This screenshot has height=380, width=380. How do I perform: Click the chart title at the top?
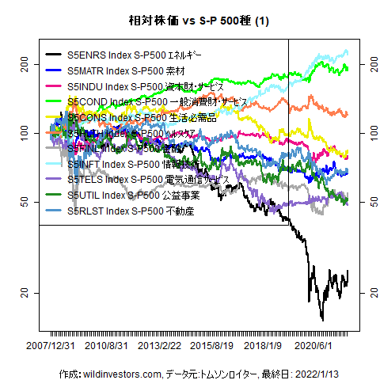click(x=190, y=21)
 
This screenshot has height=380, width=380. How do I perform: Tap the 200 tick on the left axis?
click(x=24, y=63)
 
